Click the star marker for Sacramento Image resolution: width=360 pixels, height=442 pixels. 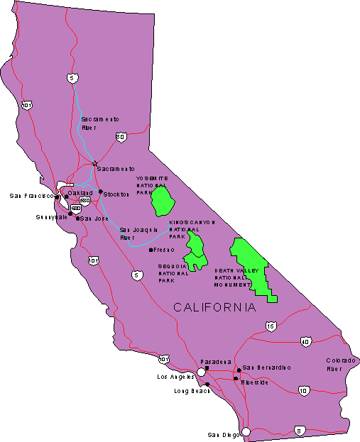tap(94, 164)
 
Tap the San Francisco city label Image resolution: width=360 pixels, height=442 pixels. tap(31, 196)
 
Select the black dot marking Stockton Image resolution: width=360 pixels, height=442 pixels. tap(100, 192)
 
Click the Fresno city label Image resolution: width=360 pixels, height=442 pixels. tap(164, 250)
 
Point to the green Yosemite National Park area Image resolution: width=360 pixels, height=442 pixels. tap(163, 200)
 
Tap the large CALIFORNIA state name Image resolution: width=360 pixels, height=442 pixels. tap(215, 307)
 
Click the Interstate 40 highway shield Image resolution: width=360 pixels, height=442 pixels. tap(305, 343)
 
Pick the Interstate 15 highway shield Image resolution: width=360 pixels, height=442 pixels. tap(270, 326)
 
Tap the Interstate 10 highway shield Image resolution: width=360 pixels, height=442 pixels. tap(304, 390)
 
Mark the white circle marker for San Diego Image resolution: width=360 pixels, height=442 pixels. tap(246, 431)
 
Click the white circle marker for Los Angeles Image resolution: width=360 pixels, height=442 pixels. tap(202, 371)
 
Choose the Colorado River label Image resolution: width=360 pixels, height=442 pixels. tap(339, 365)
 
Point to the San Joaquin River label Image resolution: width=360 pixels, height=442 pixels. tap(138, 234)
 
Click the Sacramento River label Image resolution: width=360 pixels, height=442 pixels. tap(99, 123)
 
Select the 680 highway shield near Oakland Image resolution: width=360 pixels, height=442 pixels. tap(84, 201)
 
